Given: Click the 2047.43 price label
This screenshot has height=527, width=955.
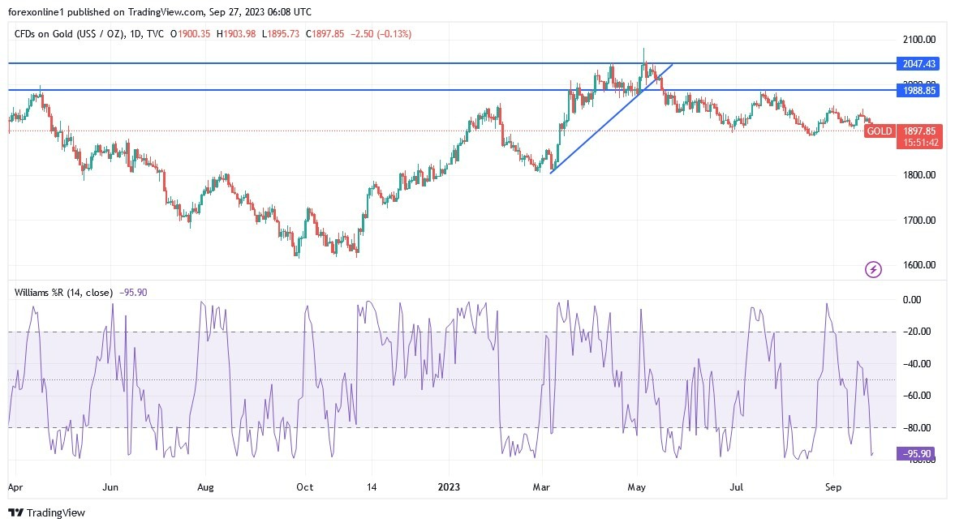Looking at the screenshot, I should coord(918,63).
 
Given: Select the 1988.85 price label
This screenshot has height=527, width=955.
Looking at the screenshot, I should coord(918,91).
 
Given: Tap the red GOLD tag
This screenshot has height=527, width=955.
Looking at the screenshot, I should coord(879,131).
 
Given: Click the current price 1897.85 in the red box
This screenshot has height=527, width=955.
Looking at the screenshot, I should coord(918,131).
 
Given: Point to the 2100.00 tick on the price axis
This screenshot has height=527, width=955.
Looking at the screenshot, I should coord(918,39).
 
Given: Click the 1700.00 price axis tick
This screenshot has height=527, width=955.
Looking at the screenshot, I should coord(918,220).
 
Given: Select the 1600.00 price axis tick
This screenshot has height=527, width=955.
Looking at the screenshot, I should coord(918,265).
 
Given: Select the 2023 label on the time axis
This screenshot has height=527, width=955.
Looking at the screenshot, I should coord(448,487).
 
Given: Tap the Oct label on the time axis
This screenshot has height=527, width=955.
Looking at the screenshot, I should coord(304,487).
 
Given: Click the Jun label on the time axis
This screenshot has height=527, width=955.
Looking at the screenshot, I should coord(110,487).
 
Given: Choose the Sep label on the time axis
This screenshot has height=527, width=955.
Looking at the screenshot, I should coord(832,487).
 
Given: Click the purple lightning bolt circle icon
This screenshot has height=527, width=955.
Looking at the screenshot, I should coord(873,269).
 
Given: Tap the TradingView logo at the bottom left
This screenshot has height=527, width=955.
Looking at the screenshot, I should coord(46,513).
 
